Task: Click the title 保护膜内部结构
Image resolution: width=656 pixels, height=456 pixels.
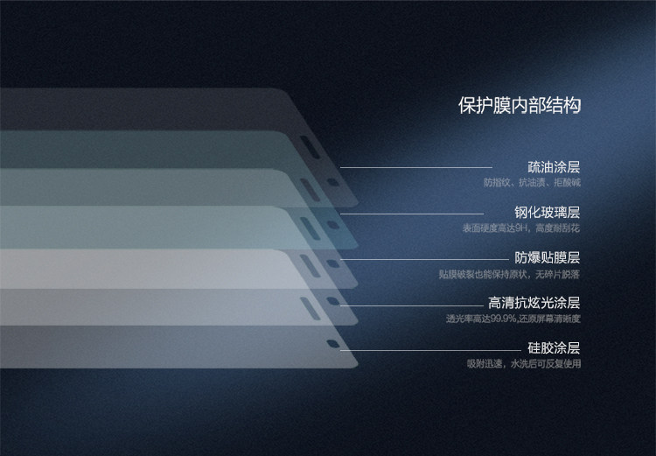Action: pyautogui.click(x=520, y=106)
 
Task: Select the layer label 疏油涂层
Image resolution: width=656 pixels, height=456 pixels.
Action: pyautogui.click(x=554, y=166)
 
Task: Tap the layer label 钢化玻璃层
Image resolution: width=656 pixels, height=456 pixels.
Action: pyautogui.click(x=548, y=212)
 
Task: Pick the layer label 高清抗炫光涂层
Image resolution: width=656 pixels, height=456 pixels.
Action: pyautogui.click(x=534, y=303)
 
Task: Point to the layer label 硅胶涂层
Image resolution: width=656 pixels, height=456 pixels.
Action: pyautogui.click(x=554, y=348)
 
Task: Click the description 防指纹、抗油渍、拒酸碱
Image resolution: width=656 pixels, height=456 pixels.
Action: pyautogui.click(x=532, y=183)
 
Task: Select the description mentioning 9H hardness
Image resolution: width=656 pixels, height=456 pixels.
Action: pyautogui.click(x=521, y=228)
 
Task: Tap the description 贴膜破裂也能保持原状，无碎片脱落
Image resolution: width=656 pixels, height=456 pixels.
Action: pyautogui.click(x=510, y=274)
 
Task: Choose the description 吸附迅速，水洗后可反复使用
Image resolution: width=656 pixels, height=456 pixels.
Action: pyautogui.click(x=523, y=364)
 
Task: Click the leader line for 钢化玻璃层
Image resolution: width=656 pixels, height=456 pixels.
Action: pyautogui.click(x=411, y=213)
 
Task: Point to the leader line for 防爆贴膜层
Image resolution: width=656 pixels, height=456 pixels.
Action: pyautogui.click(x=429, y=259)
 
